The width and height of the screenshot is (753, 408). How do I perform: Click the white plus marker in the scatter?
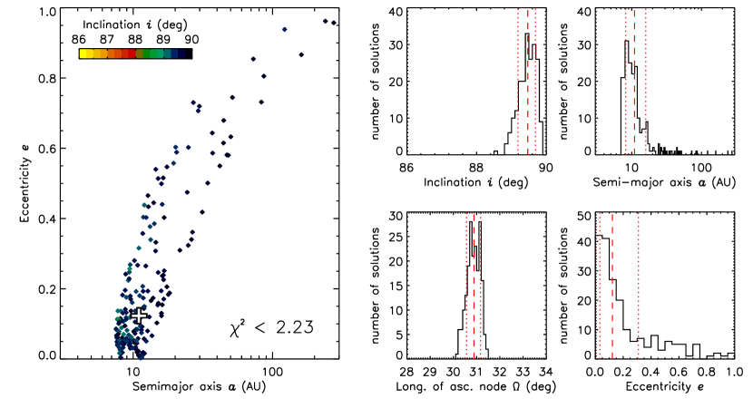coord(139,316)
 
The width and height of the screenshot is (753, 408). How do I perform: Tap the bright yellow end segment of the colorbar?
coord(85,53)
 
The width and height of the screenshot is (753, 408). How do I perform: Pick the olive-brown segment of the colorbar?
coord(140,53)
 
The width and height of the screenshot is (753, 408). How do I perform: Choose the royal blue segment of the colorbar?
coord(174,53)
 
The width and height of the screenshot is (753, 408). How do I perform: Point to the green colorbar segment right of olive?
coord(148,53)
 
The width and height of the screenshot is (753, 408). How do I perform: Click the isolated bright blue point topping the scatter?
coord(284,29)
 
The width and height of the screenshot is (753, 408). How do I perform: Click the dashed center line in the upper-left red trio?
coord(528,82)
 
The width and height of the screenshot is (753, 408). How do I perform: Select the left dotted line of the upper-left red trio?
coord(518,82)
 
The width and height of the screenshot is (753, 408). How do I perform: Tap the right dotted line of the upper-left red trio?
coord(535,82)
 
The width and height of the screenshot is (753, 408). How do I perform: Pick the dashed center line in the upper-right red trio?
coord(634,82)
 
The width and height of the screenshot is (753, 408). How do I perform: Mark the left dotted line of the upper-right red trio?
coord(626,82)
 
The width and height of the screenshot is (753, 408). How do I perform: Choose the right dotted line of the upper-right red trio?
coord(646,82)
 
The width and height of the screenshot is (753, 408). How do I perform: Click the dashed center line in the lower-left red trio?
coord(474,286)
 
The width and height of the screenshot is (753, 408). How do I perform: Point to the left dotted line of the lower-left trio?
coord(466,286)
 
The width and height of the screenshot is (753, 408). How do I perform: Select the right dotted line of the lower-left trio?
coord(481,286)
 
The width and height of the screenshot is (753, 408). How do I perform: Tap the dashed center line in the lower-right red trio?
coord(612,286)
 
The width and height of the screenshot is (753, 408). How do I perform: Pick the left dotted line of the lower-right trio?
coord(600,286)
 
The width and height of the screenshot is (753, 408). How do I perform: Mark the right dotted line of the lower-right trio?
coord(639,286)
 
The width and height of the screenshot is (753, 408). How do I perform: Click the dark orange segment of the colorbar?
coord(114,53)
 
